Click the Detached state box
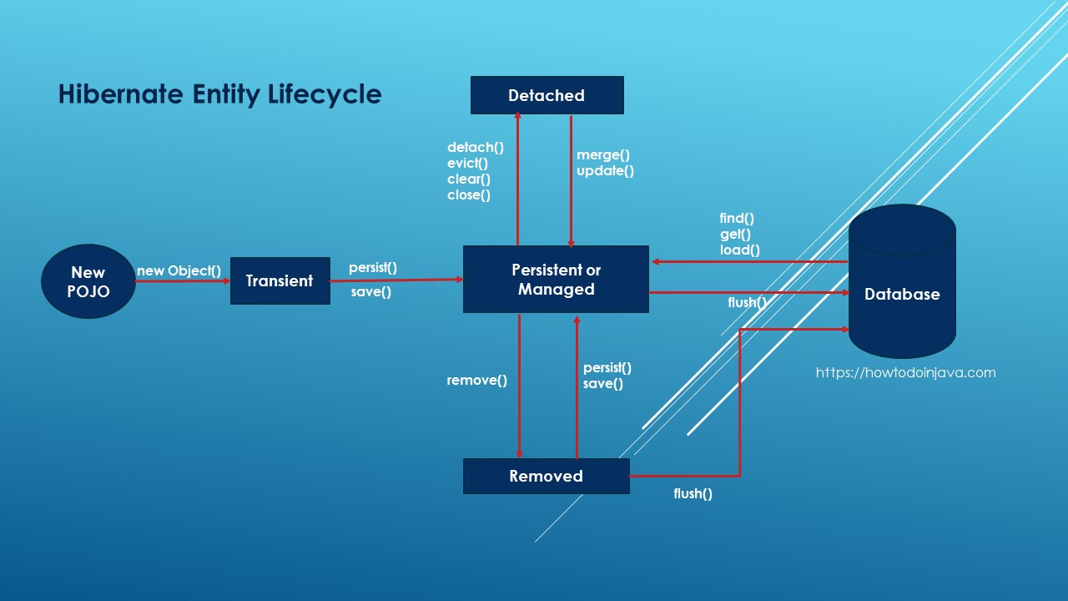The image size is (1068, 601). click(547, 95)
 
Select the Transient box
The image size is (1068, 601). click(280, 281)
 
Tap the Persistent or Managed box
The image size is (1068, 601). click(556, 280)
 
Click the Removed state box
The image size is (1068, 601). click(546, 476)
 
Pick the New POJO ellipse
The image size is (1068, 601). click(88, 281)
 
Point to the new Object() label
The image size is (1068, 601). click(179, 270)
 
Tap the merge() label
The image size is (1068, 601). click(602, 154)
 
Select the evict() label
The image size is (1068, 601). click(467, 164)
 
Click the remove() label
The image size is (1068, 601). click(476, 381)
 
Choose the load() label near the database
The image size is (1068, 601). click(739, 250)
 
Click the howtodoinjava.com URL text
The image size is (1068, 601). click(905, 373)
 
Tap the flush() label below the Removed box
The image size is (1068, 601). click(693, 493)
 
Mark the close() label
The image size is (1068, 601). click(468, 195)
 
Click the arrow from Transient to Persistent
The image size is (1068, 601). click(396, 280)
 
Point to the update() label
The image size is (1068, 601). click(605, 171)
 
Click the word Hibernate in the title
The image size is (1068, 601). click(118, 94)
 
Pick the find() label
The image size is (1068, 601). click(737, 219)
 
